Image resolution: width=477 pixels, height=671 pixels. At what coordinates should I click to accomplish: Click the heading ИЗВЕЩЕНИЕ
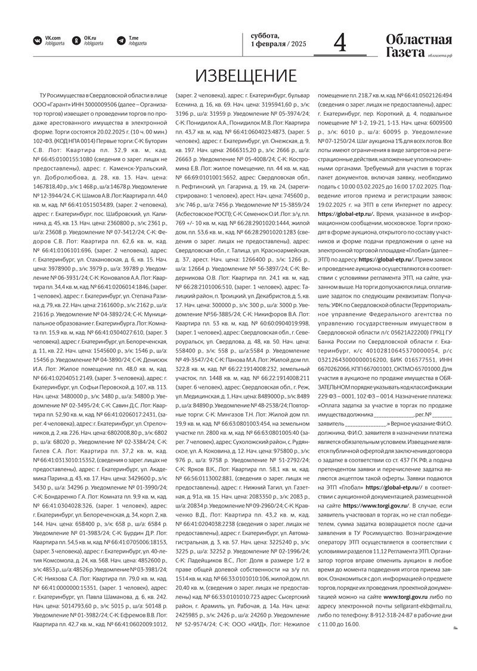(x=246, y=76)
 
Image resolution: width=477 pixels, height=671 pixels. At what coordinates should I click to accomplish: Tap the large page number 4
(x=340, y=43)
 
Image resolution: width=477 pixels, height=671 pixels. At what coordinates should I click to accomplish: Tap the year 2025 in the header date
(x=298, y=45)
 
